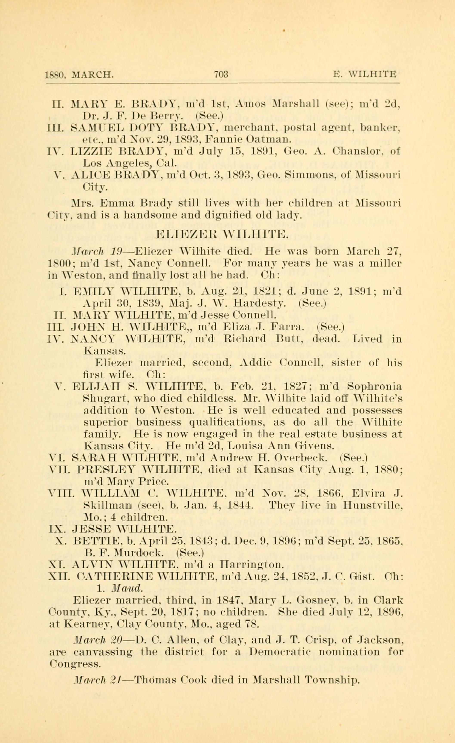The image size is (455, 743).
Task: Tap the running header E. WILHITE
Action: click(365, 74)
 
